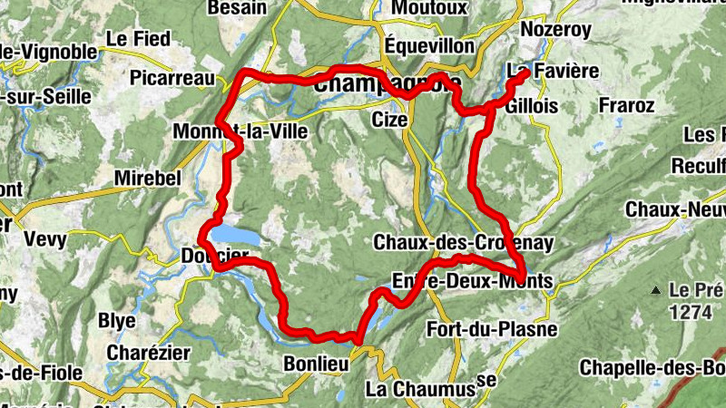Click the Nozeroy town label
(x=555, y=30)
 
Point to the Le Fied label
(x=138, y=39)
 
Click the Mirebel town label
(x=148, y=179)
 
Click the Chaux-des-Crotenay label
(x=463, y=243)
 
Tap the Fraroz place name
(x=626, y=106)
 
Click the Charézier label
(x=147, y=352)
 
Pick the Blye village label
(x=116, y=321)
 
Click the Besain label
(x=236, y=8)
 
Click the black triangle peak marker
(x=655, y=291)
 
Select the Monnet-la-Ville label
(x=240, y=132)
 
